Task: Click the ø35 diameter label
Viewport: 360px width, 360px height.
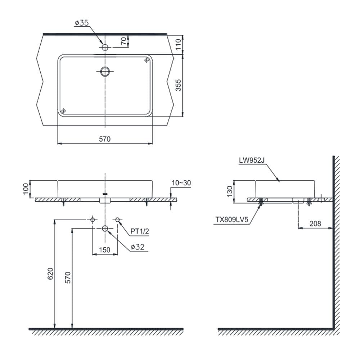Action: pos(81,23)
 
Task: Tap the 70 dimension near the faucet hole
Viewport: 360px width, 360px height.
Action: pos(123,41)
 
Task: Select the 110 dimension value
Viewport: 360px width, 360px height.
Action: pos(179,44)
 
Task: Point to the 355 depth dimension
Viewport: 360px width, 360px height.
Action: pos(179,85)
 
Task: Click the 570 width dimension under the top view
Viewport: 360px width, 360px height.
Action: pos(105,139)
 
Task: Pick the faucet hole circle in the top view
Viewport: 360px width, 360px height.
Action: pos(105,48)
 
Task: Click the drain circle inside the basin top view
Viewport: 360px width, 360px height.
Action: pos(105,71)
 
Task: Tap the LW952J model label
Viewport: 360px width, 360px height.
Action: pos(252,160)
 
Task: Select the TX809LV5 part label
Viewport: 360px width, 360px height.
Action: pos(232,220)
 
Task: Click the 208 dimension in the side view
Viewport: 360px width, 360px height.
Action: pos(315,224)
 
